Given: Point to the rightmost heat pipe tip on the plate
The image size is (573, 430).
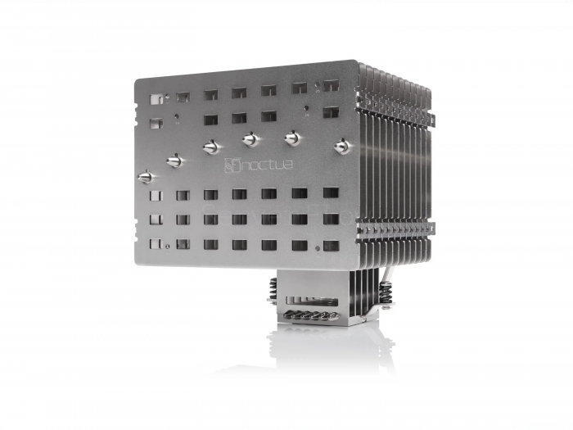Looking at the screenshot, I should pyautogui.click(x=341, y=147).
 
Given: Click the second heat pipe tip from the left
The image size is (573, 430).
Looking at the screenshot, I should pyautogui.click(x=174, y=161).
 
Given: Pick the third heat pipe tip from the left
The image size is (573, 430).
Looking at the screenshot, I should pyautogui.click(x=211, y=147).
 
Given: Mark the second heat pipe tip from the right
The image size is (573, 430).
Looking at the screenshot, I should pyautogui.click(x=291, y=138).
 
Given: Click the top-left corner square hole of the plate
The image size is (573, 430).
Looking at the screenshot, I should pyautogui.click(x=156, y=99).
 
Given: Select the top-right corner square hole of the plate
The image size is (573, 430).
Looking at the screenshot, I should pyautogui.click(x=331, y=85).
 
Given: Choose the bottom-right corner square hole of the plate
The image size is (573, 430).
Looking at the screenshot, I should pyautogui.click(x=331, y=245).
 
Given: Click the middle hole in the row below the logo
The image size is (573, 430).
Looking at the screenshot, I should pyautogui.click(x=239, y=195).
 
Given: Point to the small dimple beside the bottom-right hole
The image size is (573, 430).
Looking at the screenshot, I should pyautogui.click(x=318, y=245).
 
